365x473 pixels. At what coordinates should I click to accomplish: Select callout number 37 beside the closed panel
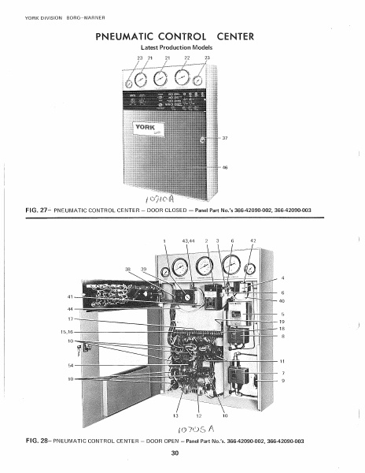(x=224, y=138)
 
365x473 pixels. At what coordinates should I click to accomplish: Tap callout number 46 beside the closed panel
(x=224, y=167)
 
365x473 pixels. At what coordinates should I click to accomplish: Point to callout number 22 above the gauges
(x=186, y=58)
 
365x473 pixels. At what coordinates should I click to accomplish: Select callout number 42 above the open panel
(x=253, y=240)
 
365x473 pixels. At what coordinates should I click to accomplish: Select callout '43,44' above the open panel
(x=187, y=240)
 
